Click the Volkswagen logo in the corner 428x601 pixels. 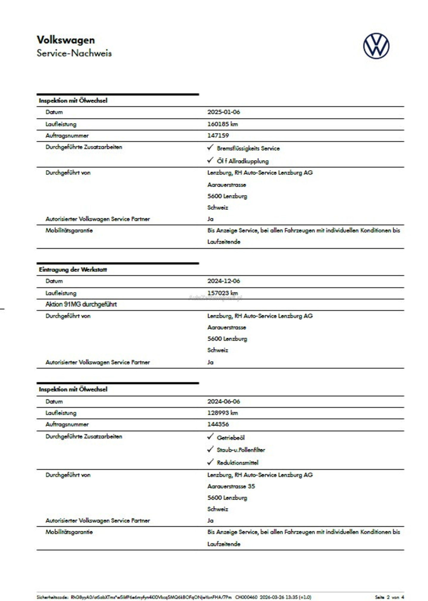pyautogui.click(x=376, y=46)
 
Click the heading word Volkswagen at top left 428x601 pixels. pyautogui.click(x=66, y=40)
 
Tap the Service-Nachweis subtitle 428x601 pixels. pyautogui.click(x=74, y=53)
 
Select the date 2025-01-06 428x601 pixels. pyautogui.click(x=223, y=112)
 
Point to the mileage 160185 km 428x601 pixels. pyautogui.click(x=222, y=124)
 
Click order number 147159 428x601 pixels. pyautogui.click(x=218, y=136)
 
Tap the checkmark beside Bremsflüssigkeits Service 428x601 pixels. pyautogui.click(x=210, y=148)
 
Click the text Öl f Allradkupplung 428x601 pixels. pyautogui.click(x=242, y=161)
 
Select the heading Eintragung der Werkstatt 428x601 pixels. pyautogui.click(x=73, y=269)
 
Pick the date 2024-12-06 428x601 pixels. pyautogui.click(x=223, y=281)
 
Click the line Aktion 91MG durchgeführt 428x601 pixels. pyautogui.click(x=81, y=304)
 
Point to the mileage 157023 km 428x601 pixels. pyautogui.click(x=222, y=293)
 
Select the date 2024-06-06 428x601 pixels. pyautogui.click(x=223, y=402)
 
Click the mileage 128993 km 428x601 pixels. pyautogui.click(x=222, y=413)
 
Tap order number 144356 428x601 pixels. pyautogui.click(x=218, y=424)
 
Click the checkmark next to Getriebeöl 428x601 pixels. pyautogui.click(x=210, y=437)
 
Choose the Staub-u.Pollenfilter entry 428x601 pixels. pyautogui.click(x=241, y=450)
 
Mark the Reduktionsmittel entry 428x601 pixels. pyautogui.click(x=237, y=463)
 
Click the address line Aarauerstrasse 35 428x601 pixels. pyautogui.click(x=231, y=486)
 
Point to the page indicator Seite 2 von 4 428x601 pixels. pyautogui.click(x=389, y=597)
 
